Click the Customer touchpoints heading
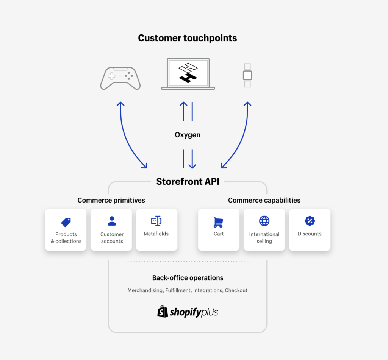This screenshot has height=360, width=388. click(x=188, y=38)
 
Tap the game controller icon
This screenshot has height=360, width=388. click(x=120, y=78)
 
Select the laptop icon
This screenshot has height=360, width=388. click(x=188, y=74)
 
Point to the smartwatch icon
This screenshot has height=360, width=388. click(x=247, y=75)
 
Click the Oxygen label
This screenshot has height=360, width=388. click(x=188, y=135)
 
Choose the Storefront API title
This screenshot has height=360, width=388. click(x=188, y=182)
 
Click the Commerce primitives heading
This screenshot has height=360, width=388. click(x=111, y=200)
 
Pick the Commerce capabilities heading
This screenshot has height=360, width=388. click(x=264, y=200)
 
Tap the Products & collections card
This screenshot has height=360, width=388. click(x=66, y=230)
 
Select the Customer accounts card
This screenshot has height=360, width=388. click(x=111, y=230)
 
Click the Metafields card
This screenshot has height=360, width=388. click(x=156, y=230)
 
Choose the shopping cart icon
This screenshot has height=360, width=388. click(x=219, y=222)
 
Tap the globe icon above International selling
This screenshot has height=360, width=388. click(x=264, y=221)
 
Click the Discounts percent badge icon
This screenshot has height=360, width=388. click(x=310, y=221)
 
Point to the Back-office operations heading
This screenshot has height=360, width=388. click(x=188, y=278)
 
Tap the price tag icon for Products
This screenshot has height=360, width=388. click(x=66, y=222)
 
